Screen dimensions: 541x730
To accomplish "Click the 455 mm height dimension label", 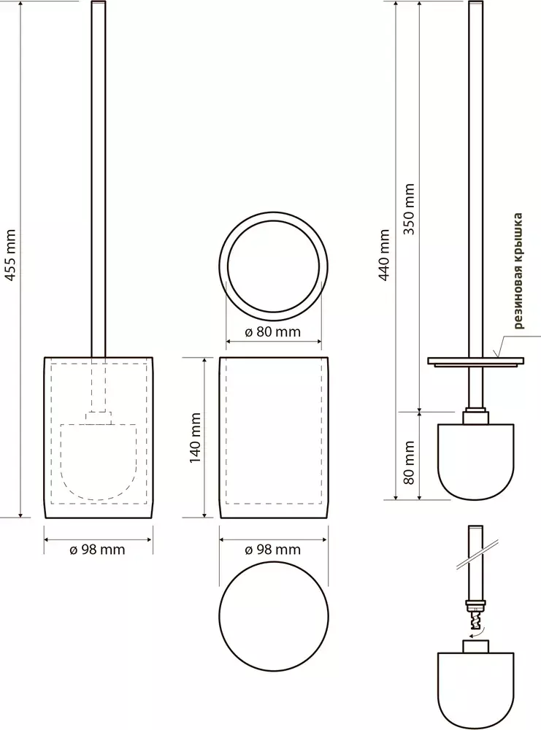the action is point(10,255).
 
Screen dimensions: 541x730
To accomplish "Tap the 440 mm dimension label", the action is point(384,255).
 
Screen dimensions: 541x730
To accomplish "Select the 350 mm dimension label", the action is point(410,209).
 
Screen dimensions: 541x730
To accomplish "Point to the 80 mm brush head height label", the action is point(410,463).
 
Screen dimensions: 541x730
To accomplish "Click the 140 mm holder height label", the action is point(195,437).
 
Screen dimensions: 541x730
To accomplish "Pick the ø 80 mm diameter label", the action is point(273,332).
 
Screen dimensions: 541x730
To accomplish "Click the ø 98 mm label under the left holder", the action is point(97,550).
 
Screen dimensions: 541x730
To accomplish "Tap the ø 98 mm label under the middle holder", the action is point(273,550).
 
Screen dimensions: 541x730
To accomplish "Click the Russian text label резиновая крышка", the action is point(518,271).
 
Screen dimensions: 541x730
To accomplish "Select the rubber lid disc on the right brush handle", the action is point(476,361).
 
